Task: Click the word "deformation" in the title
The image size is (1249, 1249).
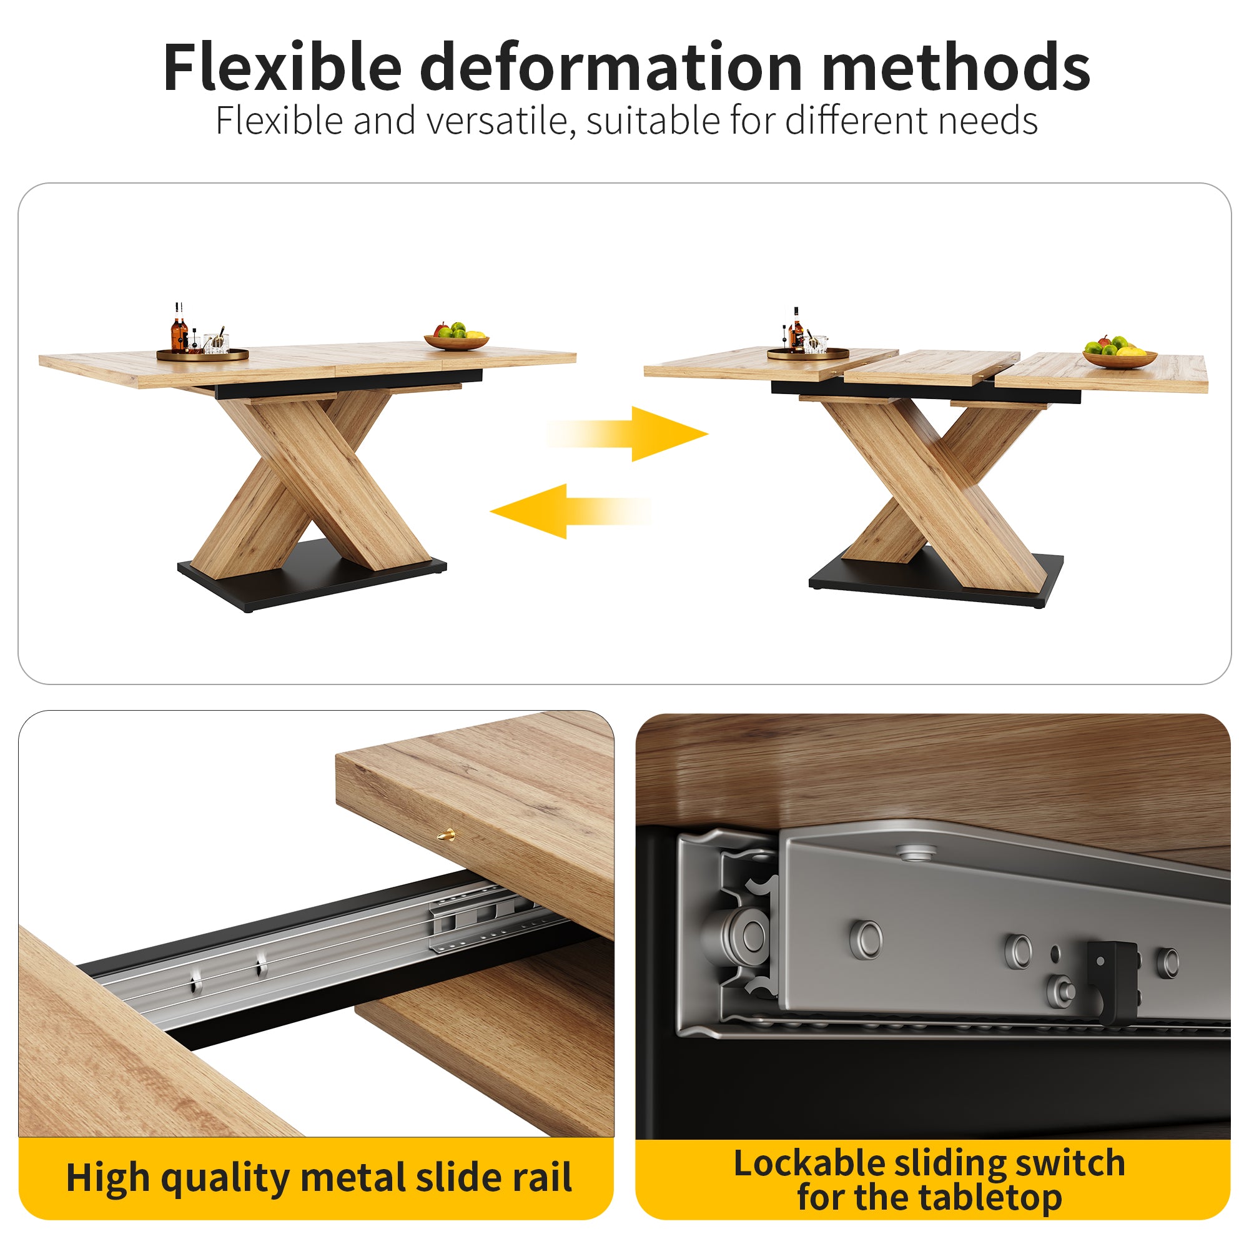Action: pos(611,68)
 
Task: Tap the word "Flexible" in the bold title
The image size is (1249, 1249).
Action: pos(282,68)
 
